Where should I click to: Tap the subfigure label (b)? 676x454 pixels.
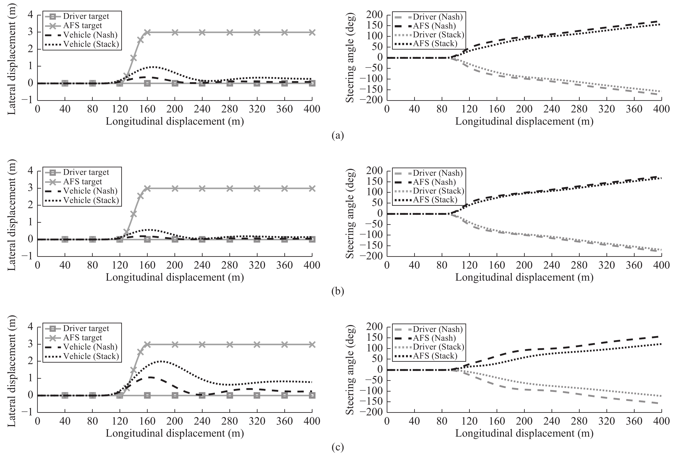click(x=338, y=292)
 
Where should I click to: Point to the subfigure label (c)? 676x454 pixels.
click(x=338, y=448)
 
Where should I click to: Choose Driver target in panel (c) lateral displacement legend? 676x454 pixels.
click(x=86, y=328)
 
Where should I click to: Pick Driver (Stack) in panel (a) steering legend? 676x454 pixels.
click(x=438, y=35)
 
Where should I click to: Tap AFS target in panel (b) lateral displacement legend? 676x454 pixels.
click(x=83, y=182)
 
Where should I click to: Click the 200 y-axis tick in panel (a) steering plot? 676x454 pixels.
click(x=374, y=15)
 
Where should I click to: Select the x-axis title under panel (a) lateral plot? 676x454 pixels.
click(x=175, y=121)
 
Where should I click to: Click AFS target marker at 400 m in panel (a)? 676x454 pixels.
click(x=312, y=32)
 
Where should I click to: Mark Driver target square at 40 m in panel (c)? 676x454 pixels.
click(x=65, y=395)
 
